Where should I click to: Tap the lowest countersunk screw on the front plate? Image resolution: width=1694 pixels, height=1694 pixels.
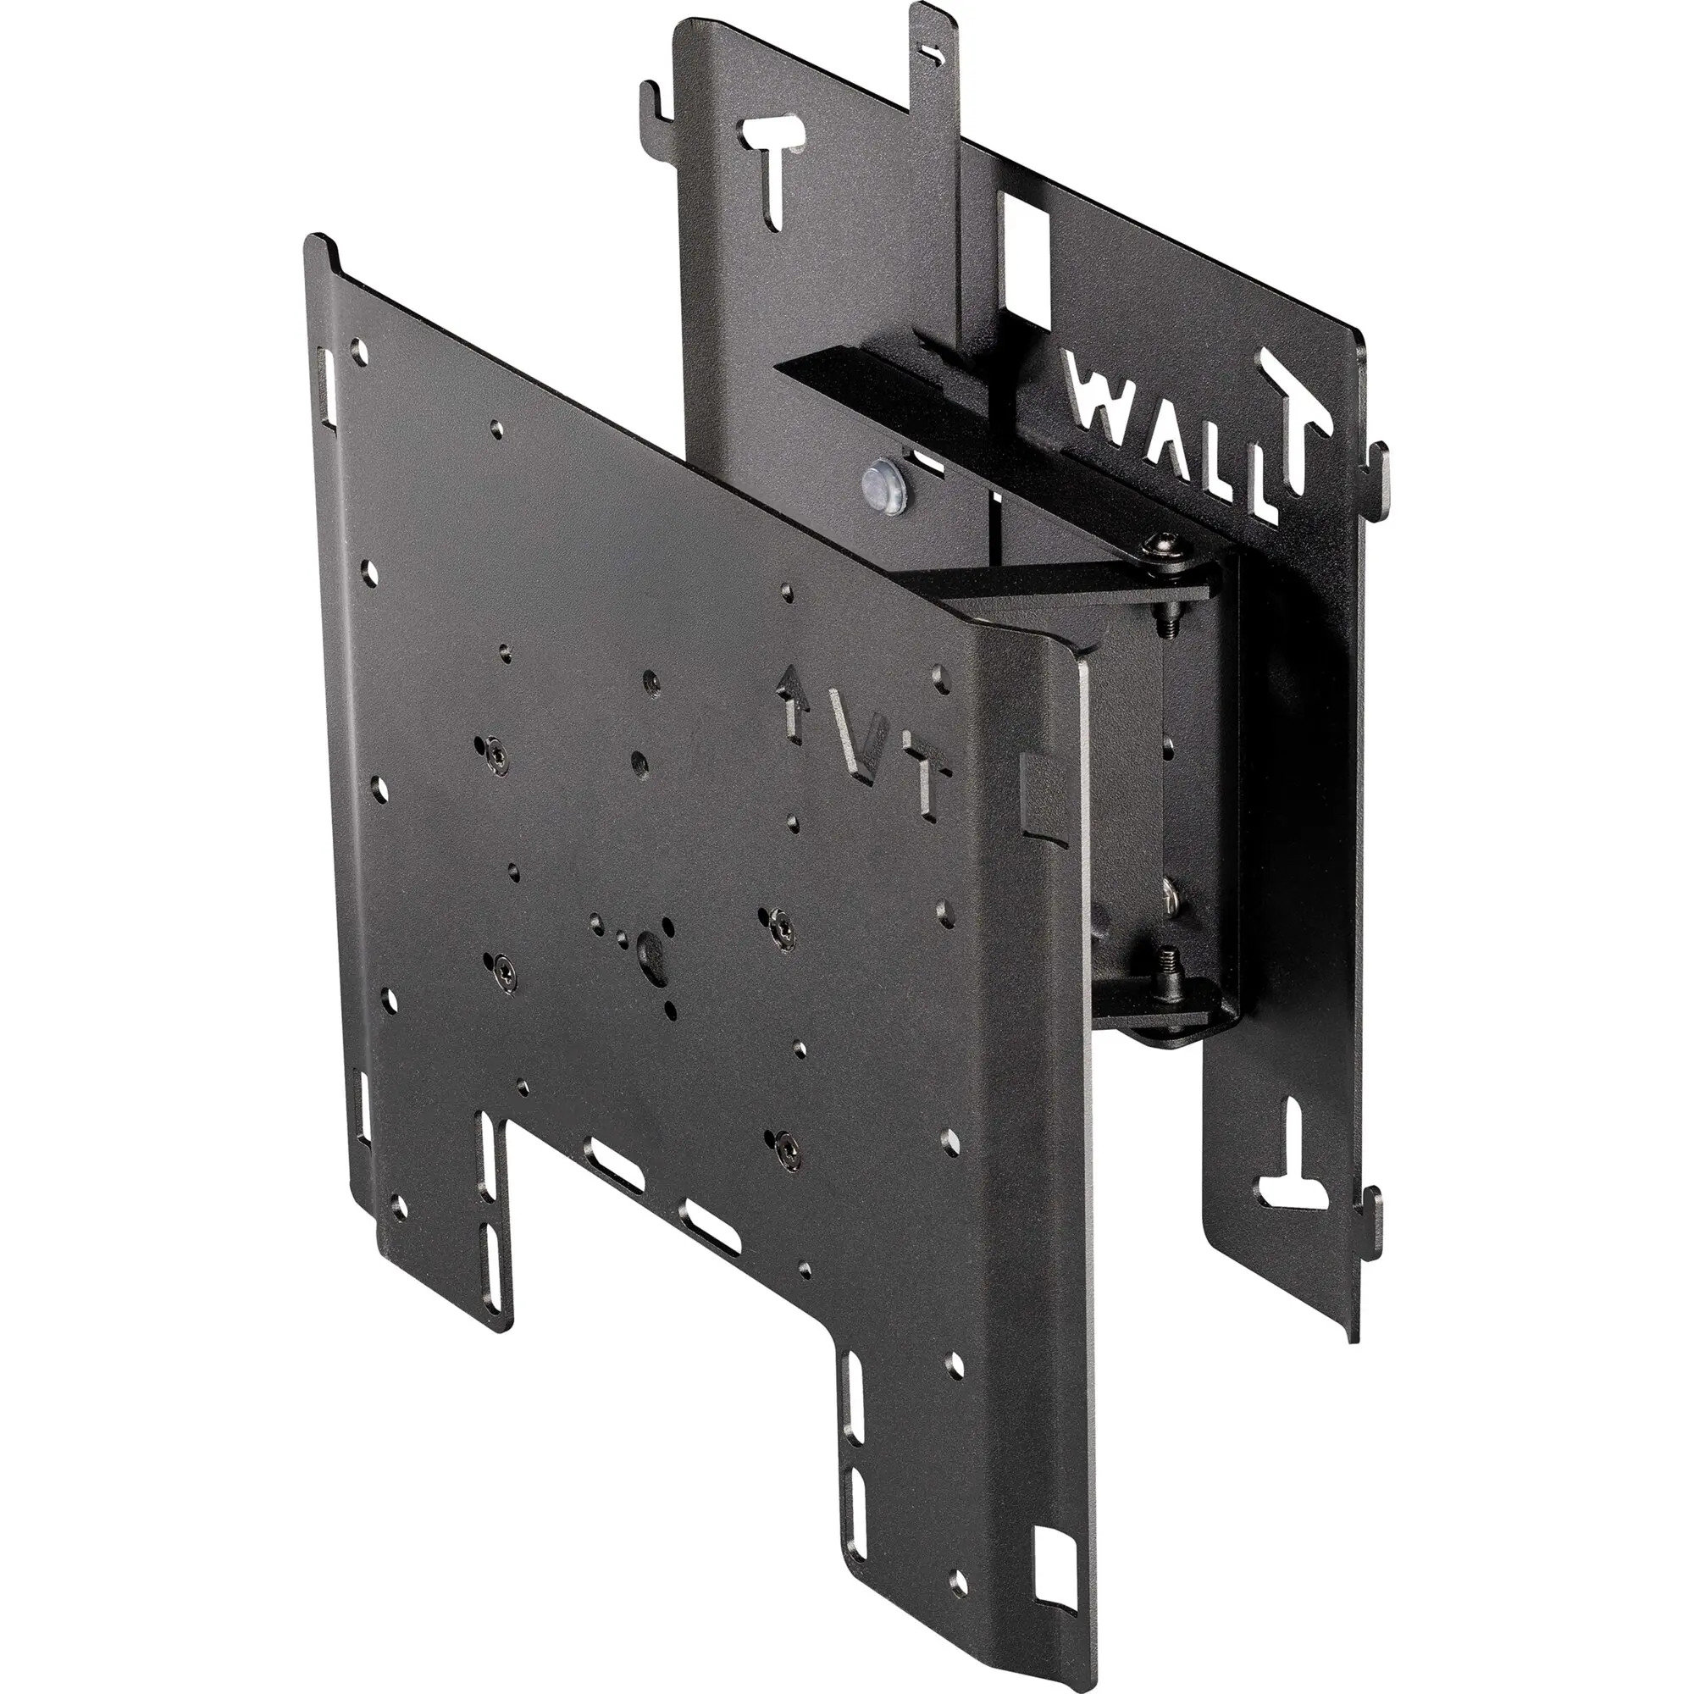tap(780, 1143)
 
